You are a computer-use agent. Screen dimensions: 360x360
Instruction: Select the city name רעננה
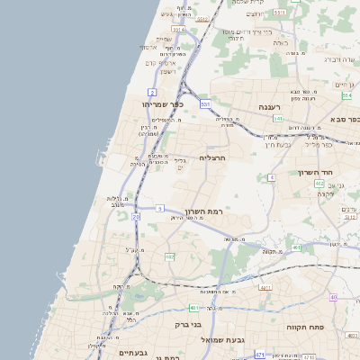[x=271, y=107]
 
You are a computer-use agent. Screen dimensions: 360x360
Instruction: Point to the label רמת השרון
[x=202, y=211]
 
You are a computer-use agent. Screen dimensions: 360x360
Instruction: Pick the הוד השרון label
[x=315, y=172]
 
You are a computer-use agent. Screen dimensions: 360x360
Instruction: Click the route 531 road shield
[x=205, y=104]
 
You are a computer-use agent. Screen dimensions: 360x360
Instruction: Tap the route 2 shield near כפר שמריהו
[x=152, y=92]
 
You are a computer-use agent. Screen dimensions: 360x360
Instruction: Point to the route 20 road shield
[x=136, y=217]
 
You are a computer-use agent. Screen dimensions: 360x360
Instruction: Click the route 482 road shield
[x=169, y=257]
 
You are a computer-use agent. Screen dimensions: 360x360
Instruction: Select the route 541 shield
[x=278, y=119]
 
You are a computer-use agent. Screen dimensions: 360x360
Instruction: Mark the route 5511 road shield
[x=280, y=13]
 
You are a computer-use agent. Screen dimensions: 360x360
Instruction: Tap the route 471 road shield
[x=260, y=355]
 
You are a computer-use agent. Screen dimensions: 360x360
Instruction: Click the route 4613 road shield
[x=296, y=247]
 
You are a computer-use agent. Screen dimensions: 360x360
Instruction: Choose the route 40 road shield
[x=333, y=297]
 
